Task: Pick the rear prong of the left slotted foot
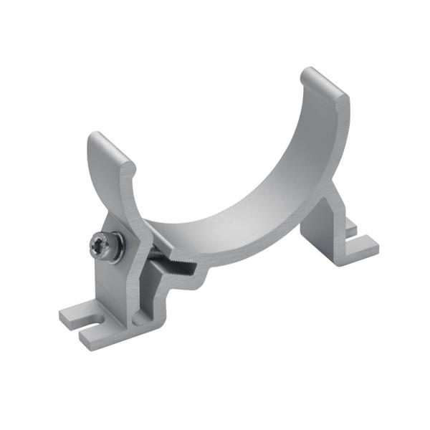(x=74, y=313)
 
